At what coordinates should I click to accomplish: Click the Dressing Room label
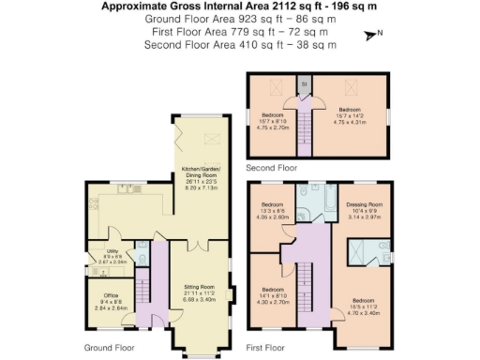364,209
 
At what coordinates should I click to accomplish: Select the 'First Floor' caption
265,346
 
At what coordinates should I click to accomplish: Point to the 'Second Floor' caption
271,167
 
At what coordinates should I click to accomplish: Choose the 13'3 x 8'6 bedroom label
273,210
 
